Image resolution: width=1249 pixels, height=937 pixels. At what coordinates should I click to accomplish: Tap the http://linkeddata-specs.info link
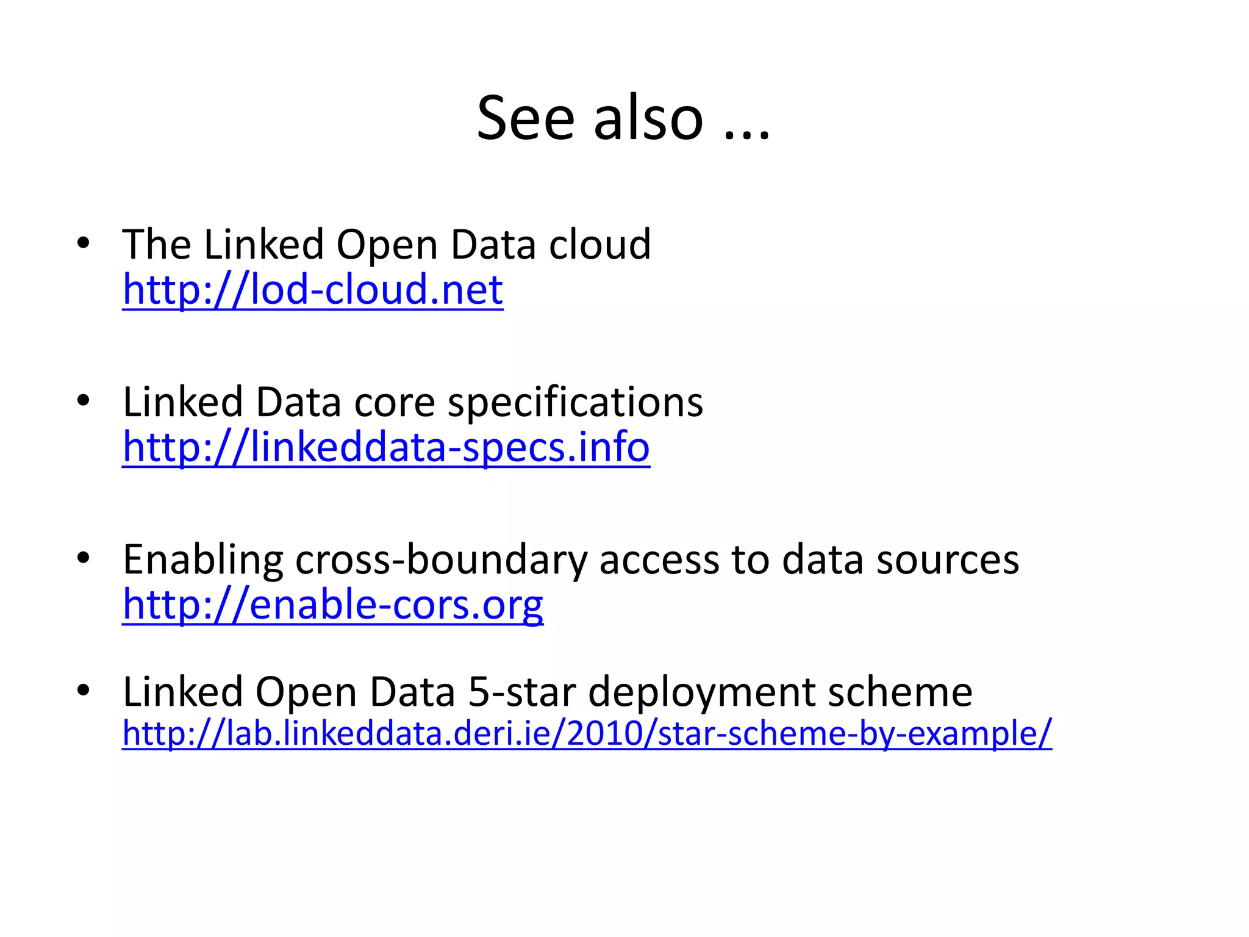[386, 447]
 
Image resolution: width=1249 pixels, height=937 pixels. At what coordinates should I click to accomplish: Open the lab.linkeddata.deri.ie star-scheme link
[587, 733]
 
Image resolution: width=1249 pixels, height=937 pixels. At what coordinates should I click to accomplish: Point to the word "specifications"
[575, 403]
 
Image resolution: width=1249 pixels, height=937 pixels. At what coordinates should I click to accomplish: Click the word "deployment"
[701, 693]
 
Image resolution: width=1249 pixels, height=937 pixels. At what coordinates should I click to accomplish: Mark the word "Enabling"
[203, 561]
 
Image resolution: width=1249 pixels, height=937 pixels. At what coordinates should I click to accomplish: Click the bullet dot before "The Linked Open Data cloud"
[84, 244]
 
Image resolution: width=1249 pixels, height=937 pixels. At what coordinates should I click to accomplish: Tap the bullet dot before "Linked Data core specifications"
[84, 401]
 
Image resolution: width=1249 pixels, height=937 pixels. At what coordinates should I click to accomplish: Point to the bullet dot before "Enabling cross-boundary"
[84, 558]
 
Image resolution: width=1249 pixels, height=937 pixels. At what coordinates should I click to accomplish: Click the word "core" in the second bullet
[394, 403]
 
